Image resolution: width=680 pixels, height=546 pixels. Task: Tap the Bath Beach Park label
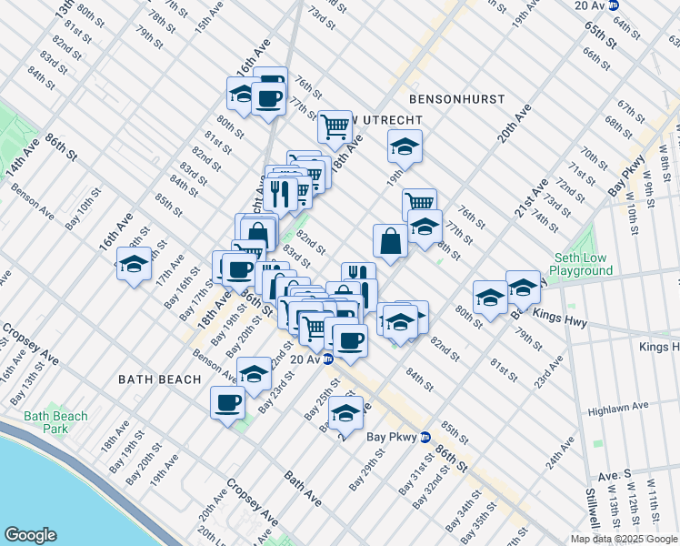56,422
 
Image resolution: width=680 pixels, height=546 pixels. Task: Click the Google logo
30,535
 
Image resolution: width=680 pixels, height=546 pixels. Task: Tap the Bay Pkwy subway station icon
424,437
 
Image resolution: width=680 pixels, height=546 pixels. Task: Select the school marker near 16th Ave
135,266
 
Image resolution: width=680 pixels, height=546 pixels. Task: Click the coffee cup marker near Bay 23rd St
227,401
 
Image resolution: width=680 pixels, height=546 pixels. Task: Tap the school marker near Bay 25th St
345,412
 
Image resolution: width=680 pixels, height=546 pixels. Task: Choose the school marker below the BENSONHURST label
405,146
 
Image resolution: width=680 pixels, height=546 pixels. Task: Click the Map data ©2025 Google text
623,539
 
